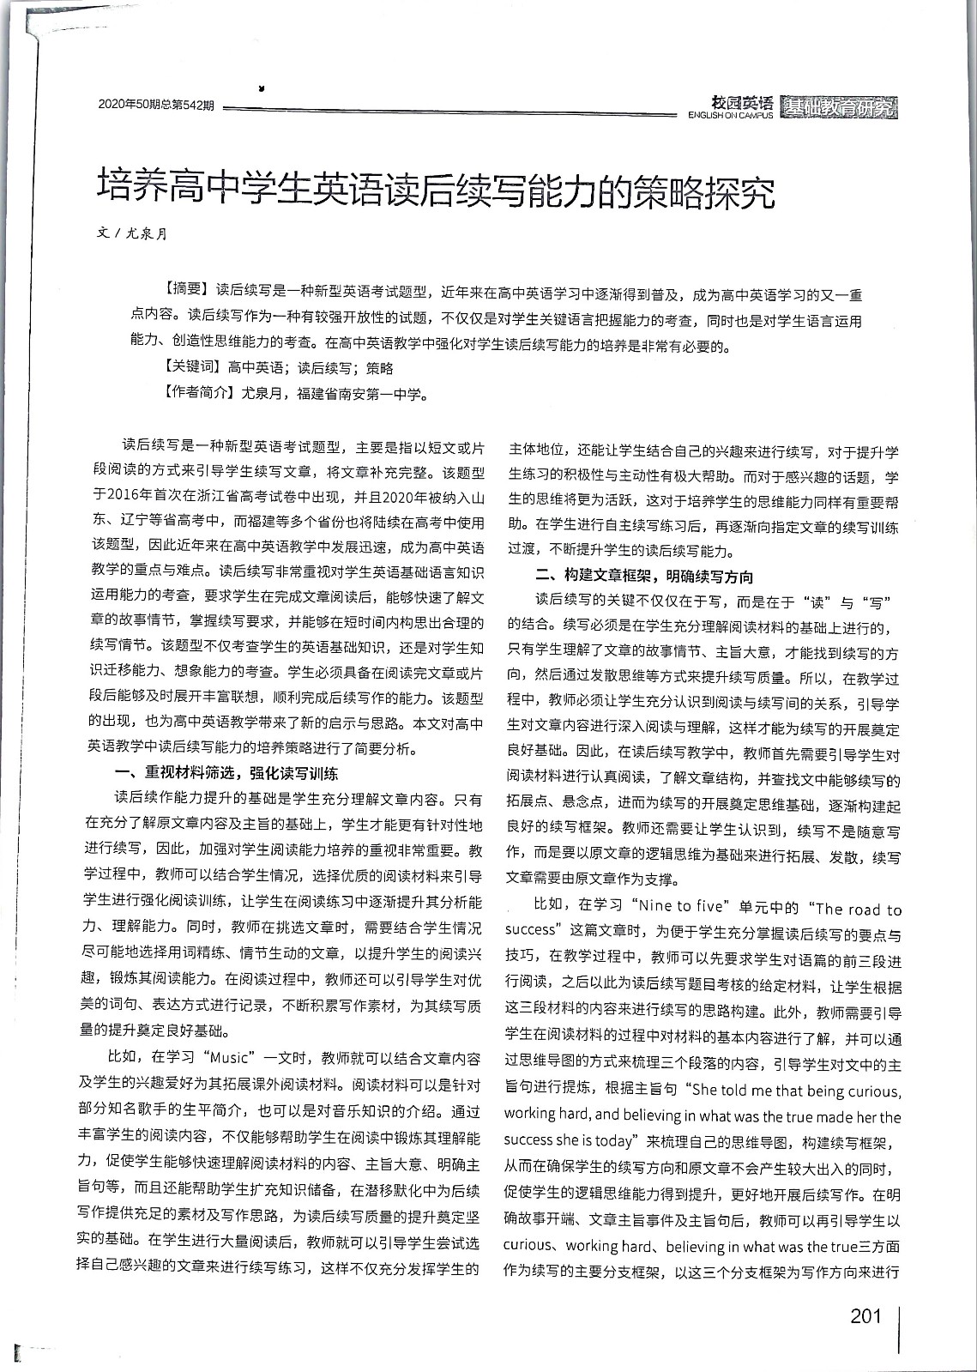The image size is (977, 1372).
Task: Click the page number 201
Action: pyautogui.click(x=865, y=1316)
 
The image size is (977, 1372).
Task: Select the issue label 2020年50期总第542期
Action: pyautogui.click(x=155, y=106)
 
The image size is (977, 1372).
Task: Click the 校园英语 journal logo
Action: pyautogui.click(x=743, y=101)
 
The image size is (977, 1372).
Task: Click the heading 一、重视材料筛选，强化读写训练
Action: pyautogui.click(x=226, y=772)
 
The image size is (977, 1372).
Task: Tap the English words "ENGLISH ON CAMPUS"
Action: pyautogui.click(x=730, y=115)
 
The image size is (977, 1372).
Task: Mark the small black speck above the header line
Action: pyautogui.click(x=261, y=87)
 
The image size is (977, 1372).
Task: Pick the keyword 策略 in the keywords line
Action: pyautogui.click(x=379, y=368)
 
